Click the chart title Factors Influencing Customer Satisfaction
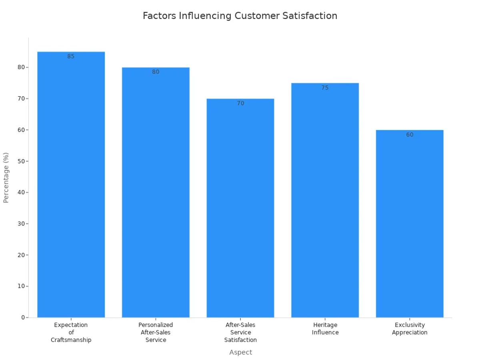240,16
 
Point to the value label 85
71,56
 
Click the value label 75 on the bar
325,88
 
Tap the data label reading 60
410,135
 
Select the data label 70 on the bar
240,103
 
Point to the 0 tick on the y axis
23,318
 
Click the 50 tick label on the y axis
21,161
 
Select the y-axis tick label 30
21,224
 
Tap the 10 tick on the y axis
21,286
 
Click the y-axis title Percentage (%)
6,178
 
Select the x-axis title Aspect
240,352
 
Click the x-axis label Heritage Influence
325,329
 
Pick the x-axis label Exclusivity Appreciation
410,329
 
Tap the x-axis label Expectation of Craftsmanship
71,332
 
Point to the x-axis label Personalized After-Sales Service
156,332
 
